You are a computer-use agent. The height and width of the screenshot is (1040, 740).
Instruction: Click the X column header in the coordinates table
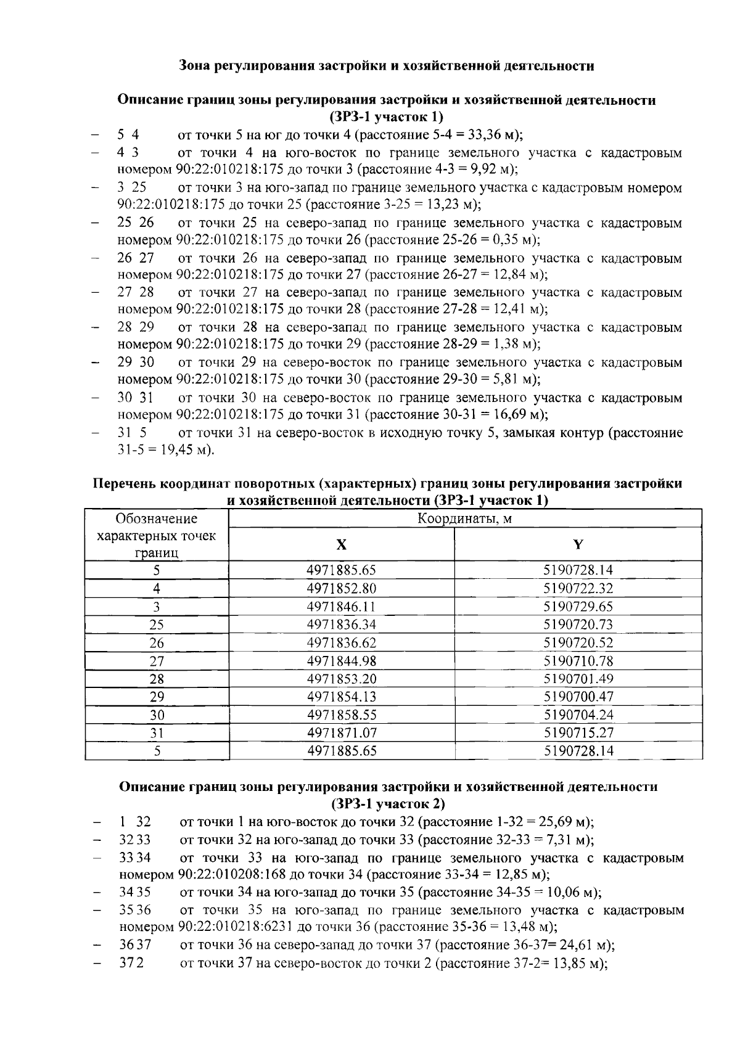(341, 544)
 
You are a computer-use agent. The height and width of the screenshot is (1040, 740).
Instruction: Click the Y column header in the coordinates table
(578, 544)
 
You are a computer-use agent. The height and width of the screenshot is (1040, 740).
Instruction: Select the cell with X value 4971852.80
(341, 588)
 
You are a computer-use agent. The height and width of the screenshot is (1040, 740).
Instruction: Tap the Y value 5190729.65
(578, 607)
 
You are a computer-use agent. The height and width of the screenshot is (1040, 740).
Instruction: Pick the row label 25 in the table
(157, 624)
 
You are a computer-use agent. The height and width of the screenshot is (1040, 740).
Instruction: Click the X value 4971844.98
(341, 661)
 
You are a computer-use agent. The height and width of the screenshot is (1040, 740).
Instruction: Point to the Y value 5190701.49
(578, 679)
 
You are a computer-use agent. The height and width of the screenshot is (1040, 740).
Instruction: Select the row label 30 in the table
(157, 715)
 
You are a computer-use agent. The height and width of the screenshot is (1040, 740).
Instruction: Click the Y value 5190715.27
(578, 733)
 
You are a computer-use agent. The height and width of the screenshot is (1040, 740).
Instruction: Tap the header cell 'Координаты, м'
(464, 518)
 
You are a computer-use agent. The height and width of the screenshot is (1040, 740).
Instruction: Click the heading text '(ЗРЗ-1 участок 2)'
(388, 804)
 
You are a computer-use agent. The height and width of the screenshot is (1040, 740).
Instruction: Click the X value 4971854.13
(341, 697)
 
